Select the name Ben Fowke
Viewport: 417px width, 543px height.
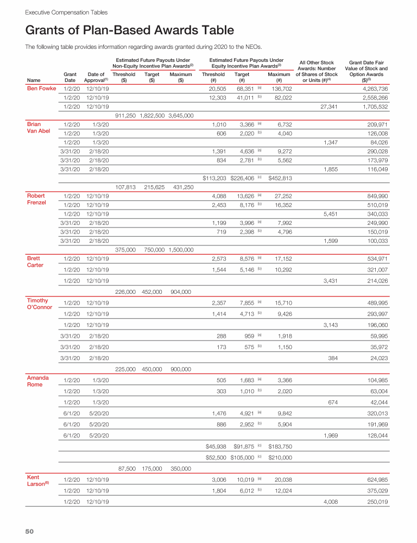(x=41, y=89)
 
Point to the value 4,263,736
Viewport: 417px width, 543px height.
(x=374, y=89)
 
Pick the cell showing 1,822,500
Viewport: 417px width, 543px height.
(x=152, y=115)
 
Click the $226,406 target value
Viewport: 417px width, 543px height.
(x=242, y=178)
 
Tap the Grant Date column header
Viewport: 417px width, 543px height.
(x=70, y=77)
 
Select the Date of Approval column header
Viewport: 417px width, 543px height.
(x=97, y=77)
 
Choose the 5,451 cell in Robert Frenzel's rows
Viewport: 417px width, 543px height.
(x=330, y=213)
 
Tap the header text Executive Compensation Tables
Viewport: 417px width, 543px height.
(x=59, y=12)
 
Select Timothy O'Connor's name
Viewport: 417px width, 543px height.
(x=40, y=304)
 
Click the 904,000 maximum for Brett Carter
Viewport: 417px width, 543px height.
(x=180, y=292)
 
